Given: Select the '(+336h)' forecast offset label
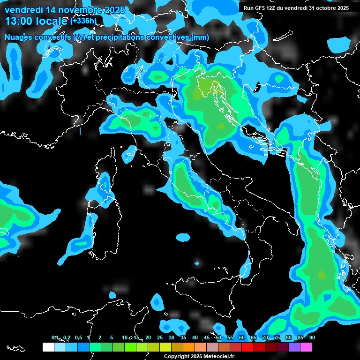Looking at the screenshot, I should coord(83,21).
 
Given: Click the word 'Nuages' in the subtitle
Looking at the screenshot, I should coord(20,37).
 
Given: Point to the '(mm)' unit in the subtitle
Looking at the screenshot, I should coord(199,37).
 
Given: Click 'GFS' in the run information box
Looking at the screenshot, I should coord(261,8).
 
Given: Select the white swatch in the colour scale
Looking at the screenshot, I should coord(48,347).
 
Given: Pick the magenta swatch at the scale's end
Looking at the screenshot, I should coord(306,347).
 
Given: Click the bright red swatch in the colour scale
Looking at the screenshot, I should coord(247,347).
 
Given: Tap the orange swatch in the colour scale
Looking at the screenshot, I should coord(189,347).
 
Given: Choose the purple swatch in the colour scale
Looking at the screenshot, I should coord(294,347).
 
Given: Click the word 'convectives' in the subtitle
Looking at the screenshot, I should coord(166,37).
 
